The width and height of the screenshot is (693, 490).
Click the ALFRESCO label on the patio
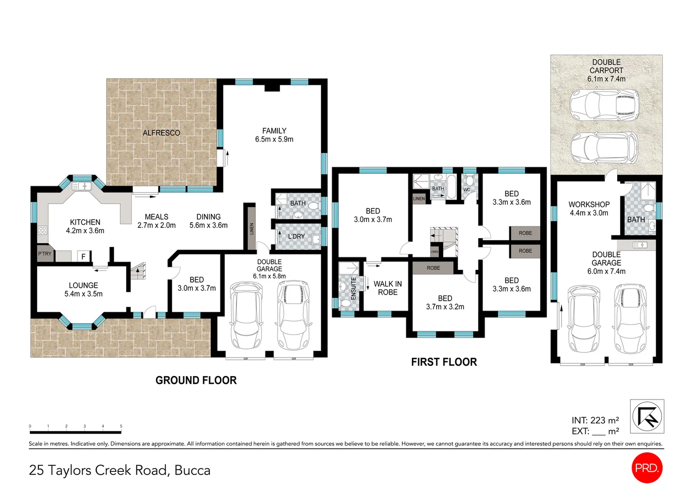161,133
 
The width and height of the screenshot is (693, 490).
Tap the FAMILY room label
274,131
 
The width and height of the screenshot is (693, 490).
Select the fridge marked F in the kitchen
83,257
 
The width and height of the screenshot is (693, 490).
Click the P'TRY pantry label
44,254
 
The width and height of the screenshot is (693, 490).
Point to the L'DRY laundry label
296,236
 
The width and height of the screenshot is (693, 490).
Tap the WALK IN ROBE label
387,288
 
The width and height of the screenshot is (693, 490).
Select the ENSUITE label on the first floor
354,288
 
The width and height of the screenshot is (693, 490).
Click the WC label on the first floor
466,190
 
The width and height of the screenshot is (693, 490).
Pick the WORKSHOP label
589,205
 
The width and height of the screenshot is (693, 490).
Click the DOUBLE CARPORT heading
606,66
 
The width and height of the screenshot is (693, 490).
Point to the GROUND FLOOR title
196,380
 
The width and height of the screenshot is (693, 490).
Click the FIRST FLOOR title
444,362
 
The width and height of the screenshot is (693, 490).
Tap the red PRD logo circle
647,468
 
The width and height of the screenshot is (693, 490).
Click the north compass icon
647,416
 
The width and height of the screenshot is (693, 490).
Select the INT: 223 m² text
595,421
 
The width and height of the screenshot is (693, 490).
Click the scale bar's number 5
121,426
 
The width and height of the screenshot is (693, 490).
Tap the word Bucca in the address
192,470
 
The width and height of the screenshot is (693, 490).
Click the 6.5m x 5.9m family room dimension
274,140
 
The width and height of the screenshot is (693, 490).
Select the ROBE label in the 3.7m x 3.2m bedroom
433,268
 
